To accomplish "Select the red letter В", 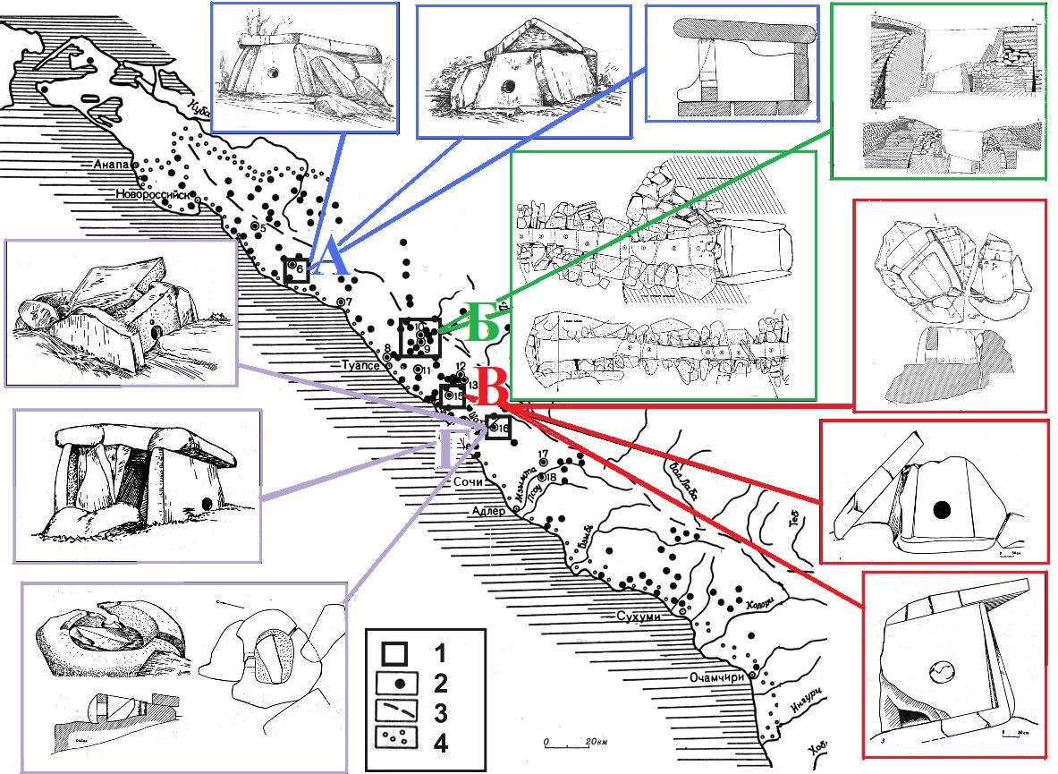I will tap(492, 390).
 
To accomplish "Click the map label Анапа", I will tap(112, 166).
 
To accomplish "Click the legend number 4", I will tap(439, 743).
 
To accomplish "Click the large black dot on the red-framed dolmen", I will tap(941, 510).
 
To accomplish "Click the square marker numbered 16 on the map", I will tap(499, 429).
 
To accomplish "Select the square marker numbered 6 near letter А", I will tap(296, 270).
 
